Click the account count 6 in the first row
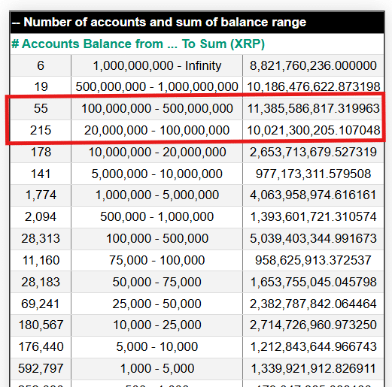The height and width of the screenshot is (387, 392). [x=40, y=65]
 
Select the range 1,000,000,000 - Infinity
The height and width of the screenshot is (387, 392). [x=157, y=65]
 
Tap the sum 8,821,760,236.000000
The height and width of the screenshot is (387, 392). [x=312, y=65]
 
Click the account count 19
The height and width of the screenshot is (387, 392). [x=40, y=86]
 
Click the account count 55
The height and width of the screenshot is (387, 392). [x=40, y=109]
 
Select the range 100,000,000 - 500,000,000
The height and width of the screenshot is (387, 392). [x=157, y=109]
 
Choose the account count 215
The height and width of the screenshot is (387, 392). [x=40, y=131]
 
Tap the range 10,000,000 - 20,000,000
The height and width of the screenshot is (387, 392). [x=157, y=153]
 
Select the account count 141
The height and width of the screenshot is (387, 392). [x=40, y=174]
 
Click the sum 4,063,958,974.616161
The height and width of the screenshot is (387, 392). [x=312, y=195]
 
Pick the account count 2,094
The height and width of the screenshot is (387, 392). [x=40, y=217]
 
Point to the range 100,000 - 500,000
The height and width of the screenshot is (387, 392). [x=157, y=239]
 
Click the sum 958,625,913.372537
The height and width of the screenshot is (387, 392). [x=312, y=261]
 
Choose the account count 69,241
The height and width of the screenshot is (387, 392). [x=40, y=304]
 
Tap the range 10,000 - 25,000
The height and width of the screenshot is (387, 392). [x=157, y=326]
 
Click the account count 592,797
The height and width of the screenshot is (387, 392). [x=40, y=369]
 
